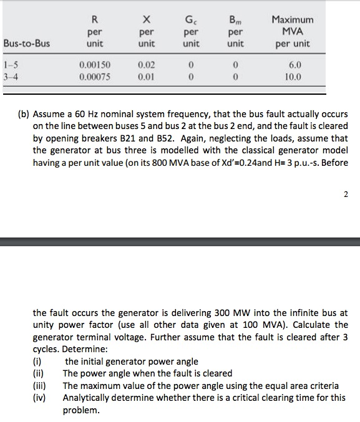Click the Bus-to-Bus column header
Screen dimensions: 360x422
tap(27, 44)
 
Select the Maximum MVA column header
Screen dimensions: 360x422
tap(293, 32)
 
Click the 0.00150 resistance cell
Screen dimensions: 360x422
tap(95, 64)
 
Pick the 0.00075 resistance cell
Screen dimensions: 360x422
tap(95, 77)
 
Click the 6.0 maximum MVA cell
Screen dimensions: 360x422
tap(293, 64)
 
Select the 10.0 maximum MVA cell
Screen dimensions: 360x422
tap(293, 77)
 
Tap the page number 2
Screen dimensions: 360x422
tap(346, 194)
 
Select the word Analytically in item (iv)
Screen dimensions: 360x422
tap(89, 398)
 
